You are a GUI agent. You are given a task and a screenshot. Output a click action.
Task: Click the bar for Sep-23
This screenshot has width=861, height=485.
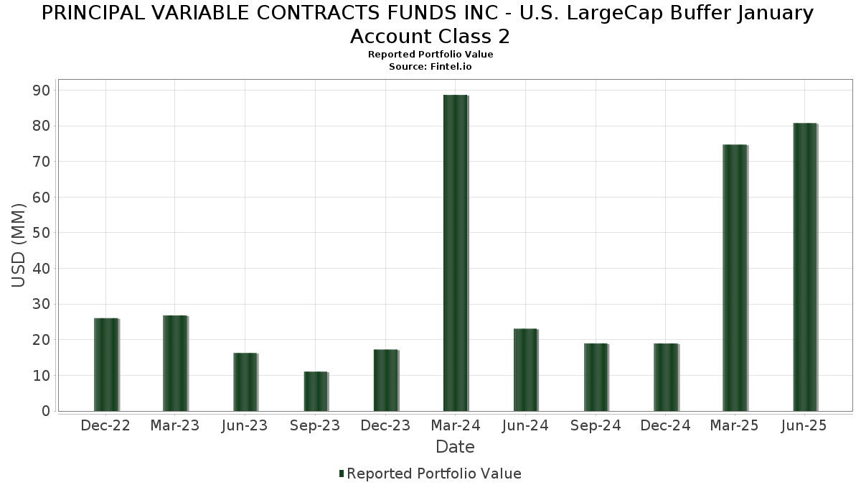(x=316, y=392)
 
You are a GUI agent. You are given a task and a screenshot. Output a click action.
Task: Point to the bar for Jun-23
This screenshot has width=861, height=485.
(x=245, y=382)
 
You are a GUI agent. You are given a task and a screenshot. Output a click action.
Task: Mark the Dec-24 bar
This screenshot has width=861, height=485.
(x=666, y=377)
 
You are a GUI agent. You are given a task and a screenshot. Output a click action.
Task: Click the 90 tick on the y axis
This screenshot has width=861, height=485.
(x=40, y=91)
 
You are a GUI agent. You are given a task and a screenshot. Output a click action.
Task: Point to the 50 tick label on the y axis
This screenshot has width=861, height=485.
(x=40, y=233)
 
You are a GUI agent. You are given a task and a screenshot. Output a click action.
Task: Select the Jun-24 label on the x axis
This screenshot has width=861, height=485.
(x=525, y=426)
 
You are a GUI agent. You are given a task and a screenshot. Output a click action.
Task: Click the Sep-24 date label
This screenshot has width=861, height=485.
(x=596, y=426)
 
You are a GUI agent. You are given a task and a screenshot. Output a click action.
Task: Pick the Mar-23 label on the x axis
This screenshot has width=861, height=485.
(x=175, y=426)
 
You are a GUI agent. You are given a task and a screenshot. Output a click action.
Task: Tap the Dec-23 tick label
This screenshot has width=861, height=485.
(x=385, y=426)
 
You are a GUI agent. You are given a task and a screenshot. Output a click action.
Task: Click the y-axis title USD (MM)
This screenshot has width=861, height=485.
(x=19, y=245)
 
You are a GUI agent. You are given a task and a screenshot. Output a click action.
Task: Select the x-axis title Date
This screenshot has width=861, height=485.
(x=455, y=447)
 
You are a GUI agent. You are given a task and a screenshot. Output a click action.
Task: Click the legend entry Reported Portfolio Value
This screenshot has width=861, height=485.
(x=433, y=474)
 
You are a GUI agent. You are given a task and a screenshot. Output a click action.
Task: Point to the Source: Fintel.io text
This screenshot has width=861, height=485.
(x=430, y=66)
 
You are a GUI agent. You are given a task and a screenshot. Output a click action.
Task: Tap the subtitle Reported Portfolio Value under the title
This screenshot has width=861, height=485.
(x=430, y=55)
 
